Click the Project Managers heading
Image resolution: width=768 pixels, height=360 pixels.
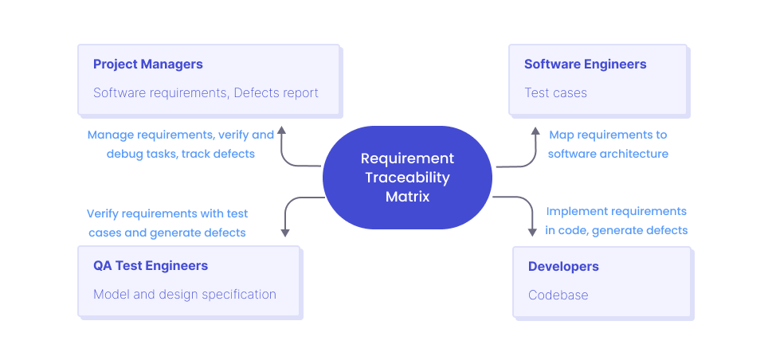147,65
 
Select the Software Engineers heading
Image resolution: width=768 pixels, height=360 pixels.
585,65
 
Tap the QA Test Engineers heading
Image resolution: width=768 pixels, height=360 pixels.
150,266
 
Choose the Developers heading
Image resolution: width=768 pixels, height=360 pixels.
563,266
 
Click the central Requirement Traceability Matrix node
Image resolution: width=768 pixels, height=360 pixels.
407,177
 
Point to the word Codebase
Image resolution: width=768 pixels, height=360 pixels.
558,295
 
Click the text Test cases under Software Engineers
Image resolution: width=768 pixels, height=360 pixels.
555,93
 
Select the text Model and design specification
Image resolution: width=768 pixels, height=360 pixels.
184,295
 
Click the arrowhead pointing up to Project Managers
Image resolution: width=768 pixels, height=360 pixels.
282,130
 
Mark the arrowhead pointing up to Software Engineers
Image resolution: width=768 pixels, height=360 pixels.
536,130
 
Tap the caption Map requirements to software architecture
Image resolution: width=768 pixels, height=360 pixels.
608,144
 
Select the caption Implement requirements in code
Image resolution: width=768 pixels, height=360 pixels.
616,221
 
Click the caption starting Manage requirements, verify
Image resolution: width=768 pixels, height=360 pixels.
180,144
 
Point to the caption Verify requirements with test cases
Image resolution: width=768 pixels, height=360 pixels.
167,223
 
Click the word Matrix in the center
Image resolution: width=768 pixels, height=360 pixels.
407,196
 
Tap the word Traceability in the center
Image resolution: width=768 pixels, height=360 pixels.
407,178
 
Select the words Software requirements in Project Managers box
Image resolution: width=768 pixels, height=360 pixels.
159,93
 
